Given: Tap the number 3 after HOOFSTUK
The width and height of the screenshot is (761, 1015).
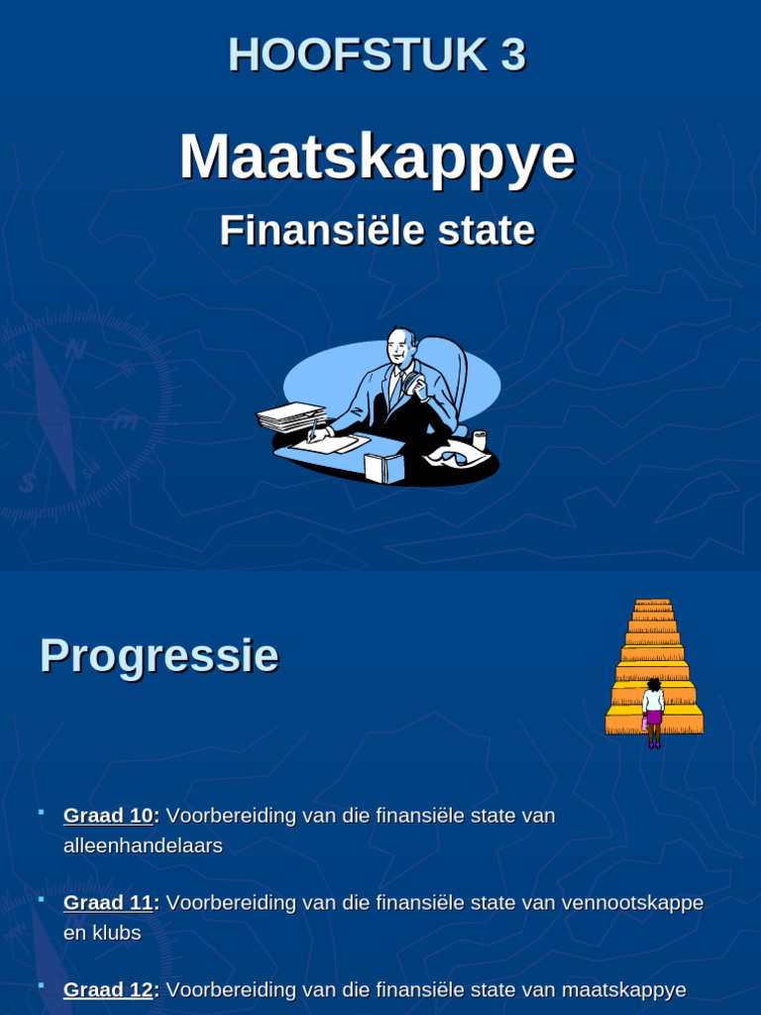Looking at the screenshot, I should click(512, 56).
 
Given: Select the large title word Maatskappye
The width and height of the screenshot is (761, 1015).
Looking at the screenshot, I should click(377, 157).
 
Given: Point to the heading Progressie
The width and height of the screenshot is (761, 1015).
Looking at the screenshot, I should click(159, 656).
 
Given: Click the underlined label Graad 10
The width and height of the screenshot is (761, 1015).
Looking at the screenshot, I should click(108, 816).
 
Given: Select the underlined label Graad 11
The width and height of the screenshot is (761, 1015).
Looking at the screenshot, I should click(108, 903).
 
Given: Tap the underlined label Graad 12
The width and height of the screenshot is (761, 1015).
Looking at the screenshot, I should click(108, 990).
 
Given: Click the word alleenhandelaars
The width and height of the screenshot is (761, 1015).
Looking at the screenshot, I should click(143, 846).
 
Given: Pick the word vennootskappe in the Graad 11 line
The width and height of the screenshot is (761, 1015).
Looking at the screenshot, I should click(632, 903).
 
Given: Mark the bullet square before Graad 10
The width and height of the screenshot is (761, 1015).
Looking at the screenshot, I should click(42, 814).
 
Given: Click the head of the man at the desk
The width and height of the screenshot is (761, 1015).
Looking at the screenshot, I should click(400, 346).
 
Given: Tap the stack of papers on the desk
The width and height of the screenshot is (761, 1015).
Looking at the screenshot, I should click(291, 416).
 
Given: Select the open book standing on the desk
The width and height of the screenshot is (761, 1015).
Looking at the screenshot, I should click(384, 466).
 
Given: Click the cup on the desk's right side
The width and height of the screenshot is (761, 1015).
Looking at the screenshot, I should click(480, 439).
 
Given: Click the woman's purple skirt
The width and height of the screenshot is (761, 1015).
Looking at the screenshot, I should click(653, 717).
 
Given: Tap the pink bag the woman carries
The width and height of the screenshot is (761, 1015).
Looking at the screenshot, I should click(644, 724).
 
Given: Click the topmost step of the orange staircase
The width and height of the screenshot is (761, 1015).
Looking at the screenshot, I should click(653, 602).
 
